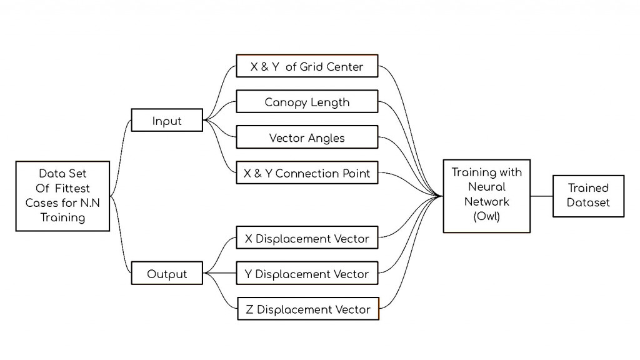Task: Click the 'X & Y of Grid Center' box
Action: pyautogui.click(x=307, y=66)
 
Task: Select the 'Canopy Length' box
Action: pyautogui.click(x=307, y=102)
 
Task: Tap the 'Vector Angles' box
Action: pyautogui.click(x=307, y=137)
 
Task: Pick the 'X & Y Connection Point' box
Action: pyautogui.click(x=307, y=173)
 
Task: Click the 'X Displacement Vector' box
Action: pyautogui.click(x=307, y=238)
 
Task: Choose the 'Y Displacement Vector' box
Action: pyautogui.click(x=307, y=274)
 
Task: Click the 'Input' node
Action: pyautogui.click(x=166, y=121)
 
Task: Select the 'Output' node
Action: pyautogui.click(x=166, y=274)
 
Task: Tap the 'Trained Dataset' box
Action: pyautogui.click(x=588, y=196)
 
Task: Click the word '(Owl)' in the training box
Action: pyautogui.click(x=486, y=217)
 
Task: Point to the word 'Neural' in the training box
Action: pyautogui.click(x=486, y=187)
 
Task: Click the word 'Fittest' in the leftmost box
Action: pyautogui.click(x=70, y=188)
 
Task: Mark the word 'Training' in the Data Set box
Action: pyautogui.click(x=62, y=217)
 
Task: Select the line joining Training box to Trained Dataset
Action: pyautogui.click(x=541, y=196)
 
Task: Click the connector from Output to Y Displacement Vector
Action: pyautogui.click(x=220, y=274)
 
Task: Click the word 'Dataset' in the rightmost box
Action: pyautogui.click(x=588, y=202)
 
